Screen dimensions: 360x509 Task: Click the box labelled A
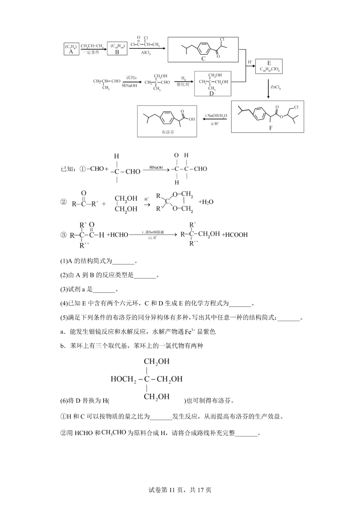71,49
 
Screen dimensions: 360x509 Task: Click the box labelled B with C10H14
117,49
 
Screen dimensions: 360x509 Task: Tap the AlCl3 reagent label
146,53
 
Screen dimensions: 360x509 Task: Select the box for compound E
269,66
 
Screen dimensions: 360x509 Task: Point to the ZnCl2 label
276,87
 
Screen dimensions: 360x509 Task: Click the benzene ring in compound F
258,113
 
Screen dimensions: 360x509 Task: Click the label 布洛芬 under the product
168,132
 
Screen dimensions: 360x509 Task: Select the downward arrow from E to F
268,88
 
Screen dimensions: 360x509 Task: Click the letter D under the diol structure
211,94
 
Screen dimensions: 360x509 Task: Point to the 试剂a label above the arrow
131,77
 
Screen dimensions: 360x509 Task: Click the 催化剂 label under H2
183,85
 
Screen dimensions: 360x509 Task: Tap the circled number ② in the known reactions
63,202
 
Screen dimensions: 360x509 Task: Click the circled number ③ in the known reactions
63,235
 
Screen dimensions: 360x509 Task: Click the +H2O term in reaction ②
206,202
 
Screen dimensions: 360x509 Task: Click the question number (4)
64,303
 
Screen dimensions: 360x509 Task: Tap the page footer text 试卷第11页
165,490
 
